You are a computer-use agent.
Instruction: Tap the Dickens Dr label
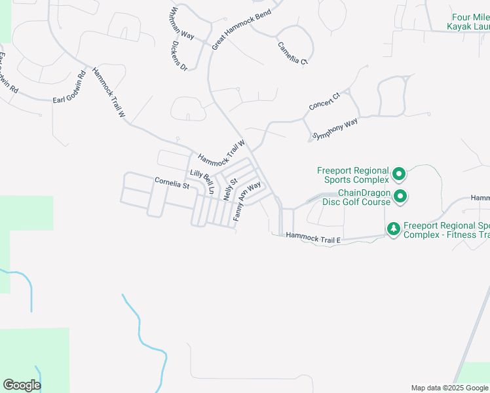tap(179, 57)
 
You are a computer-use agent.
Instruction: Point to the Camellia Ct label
tap(292, 52)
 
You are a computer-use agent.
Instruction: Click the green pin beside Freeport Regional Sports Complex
tap(399, 175)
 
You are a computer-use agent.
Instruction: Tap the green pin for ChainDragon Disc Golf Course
tap(399, 196)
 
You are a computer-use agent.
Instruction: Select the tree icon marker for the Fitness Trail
tap(393, 229)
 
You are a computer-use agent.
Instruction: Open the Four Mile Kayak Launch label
tap(468, 22)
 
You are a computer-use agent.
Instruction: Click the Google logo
tap(22, 385)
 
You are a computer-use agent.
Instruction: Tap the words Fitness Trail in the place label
tap(466, 234)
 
